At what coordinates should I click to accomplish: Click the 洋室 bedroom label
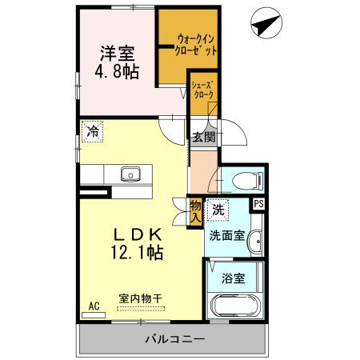[118, 54]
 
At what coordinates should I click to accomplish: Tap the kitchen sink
[130, 174]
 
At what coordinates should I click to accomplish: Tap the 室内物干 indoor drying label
[141, 299]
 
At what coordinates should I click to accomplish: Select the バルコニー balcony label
[172, 340]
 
